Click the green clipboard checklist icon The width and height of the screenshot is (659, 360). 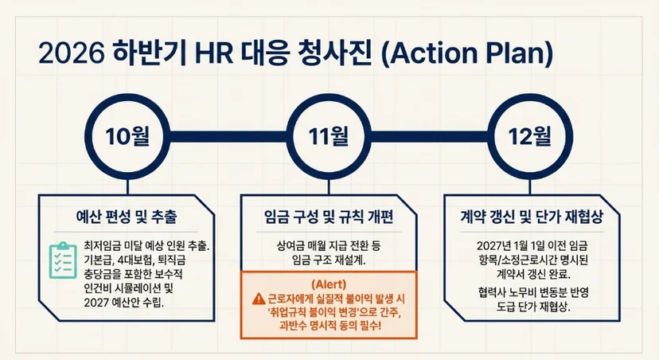tap(63, 260)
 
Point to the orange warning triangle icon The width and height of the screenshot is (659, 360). tap(259, 299)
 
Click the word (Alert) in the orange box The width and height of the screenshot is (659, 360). tap(329, 284)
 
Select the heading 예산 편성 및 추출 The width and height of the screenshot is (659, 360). tap(127, 217)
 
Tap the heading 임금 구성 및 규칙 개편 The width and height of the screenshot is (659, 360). tap(329, 217)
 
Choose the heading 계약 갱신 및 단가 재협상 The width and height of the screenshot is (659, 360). tap(532, 217)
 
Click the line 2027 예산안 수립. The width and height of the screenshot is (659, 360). tap(124, 302)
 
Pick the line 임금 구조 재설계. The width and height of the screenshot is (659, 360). tap(329, 260)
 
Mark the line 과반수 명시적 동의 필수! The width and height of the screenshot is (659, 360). tap(329, 325)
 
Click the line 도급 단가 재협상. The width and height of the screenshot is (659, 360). tap(533, 306)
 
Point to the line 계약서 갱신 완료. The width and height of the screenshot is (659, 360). tap(533, 274)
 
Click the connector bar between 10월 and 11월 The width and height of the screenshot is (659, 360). tap(228, 137)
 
